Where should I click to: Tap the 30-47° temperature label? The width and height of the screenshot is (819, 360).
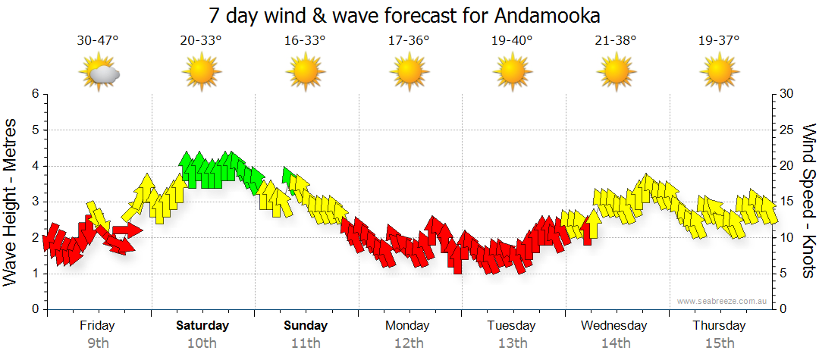coord(98,40)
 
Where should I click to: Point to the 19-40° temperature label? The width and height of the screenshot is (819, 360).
coord(513,40)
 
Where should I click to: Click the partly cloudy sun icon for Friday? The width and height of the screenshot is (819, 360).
coord(99,73)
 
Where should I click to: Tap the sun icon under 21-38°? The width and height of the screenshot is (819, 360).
coord(616,73)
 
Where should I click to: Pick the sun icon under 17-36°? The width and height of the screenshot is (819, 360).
coord(409,73)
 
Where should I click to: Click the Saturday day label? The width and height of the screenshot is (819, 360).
coord(202,326)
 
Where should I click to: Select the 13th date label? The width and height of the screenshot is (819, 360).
coord(513,343)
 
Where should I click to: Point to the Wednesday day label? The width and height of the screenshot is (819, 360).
coord(614,326)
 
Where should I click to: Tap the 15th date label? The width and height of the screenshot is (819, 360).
coord(719,343)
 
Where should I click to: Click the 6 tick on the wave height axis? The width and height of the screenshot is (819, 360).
coord(34,94)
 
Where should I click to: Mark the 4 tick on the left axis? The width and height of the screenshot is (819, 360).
coord(34,166)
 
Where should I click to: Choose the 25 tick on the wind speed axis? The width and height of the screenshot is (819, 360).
coord(787,130)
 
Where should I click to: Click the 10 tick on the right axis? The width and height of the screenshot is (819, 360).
coord(787,238)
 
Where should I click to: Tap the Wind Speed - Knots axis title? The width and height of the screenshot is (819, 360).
coord(808,201)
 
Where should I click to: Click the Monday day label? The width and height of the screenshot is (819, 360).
coord(407,326)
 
